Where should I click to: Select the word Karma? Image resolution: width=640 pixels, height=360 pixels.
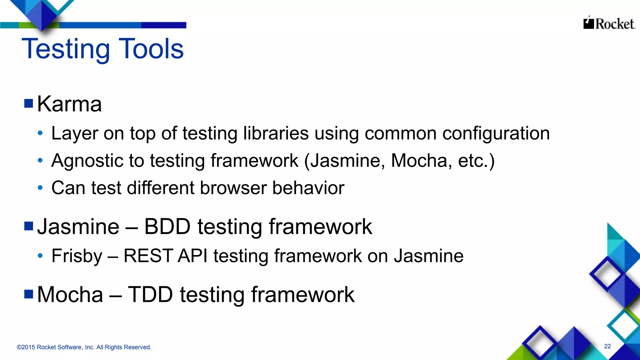click(69, 104)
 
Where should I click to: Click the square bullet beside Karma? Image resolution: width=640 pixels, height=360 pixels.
click(29, 103)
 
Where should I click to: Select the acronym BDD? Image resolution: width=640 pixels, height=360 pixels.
click(167, 227)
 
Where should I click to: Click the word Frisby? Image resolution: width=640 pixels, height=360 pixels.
click(77, 256)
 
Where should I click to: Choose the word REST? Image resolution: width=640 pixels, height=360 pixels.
click(148, 256)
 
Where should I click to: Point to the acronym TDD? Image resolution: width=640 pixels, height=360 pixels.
click(150, 295)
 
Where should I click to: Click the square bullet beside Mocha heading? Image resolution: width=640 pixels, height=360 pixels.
click(29, 294)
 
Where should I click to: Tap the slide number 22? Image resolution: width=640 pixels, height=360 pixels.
click(607, 346)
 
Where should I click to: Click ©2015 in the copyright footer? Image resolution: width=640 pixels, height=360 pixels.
click(26, 347)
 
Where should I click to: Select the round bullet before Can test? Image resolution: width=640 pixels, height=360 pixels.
click(40, 188)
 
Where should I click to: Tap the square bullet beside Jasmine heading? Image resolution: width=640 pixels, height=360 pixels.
click(29, 226)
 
